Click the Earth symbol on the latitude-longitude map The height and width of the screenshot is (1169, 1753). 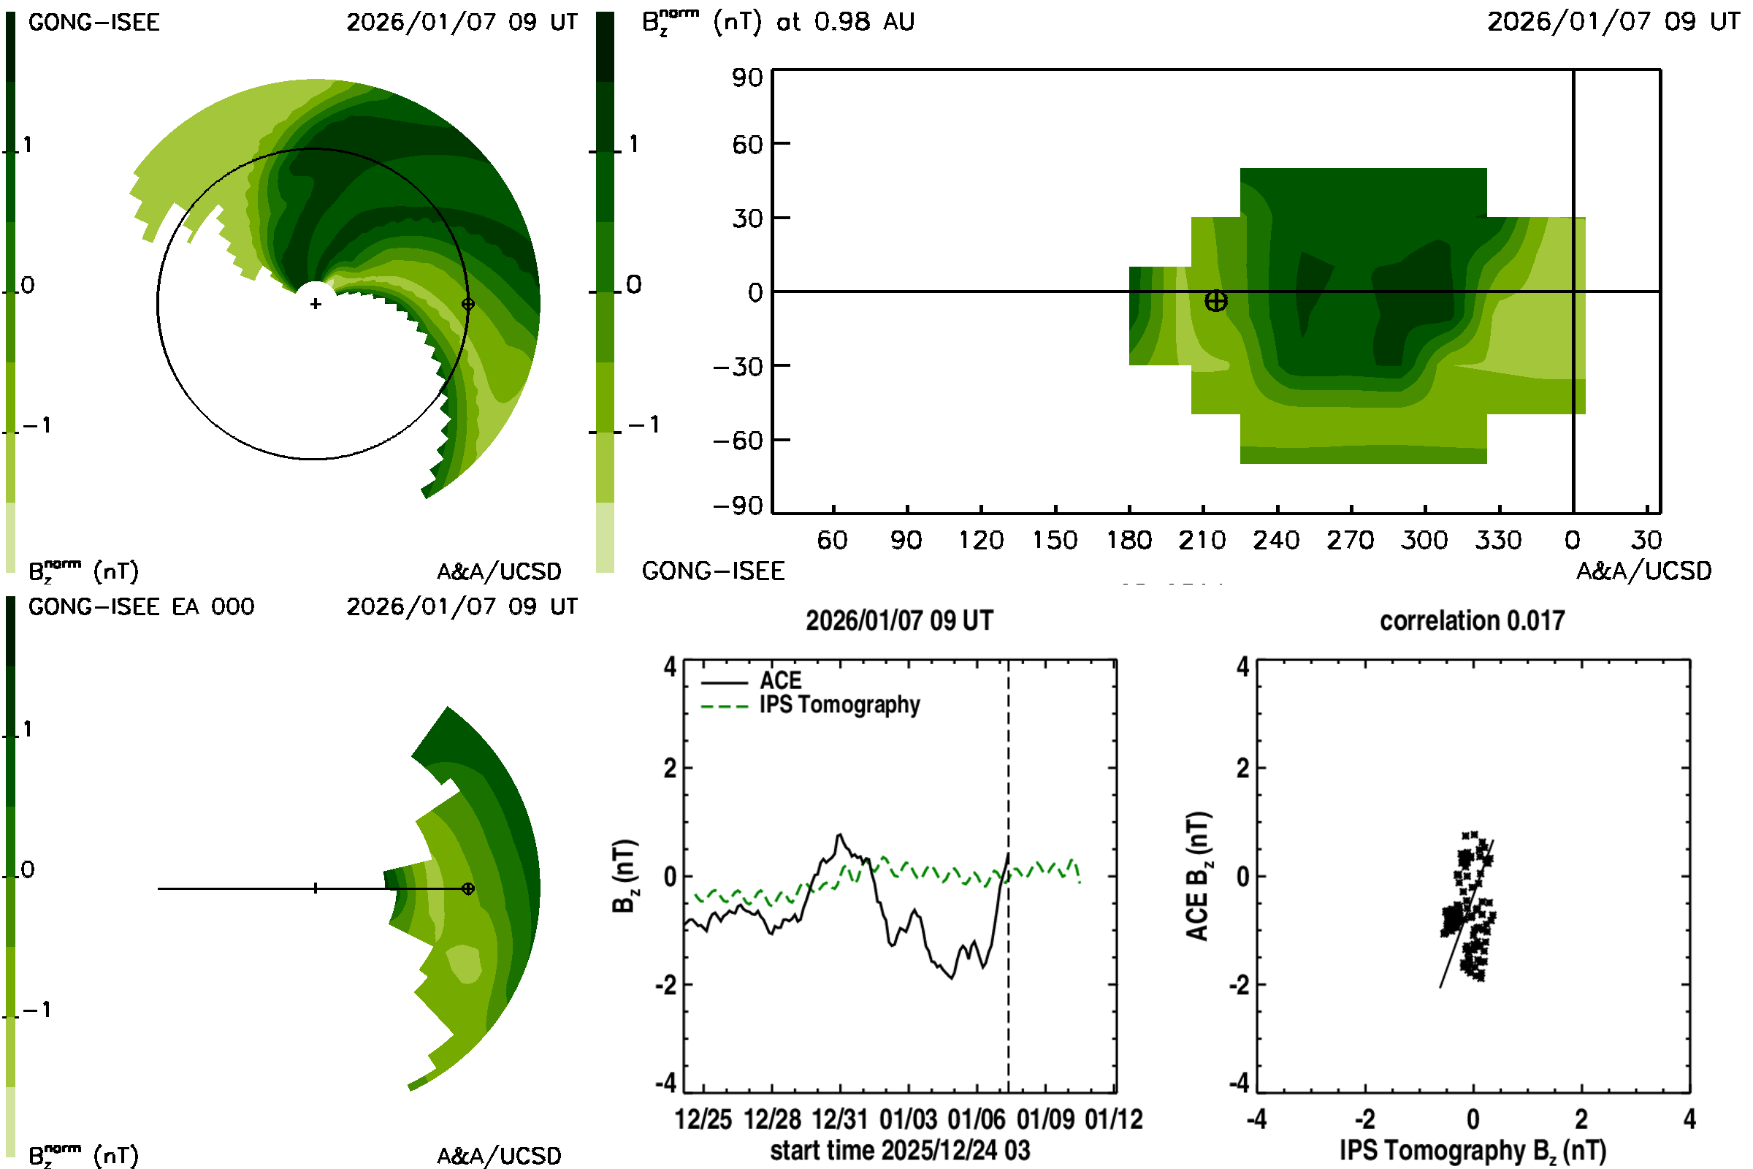coord(1215,301)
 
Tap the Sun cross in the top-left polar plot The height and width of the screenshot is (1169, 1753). coord(316,304)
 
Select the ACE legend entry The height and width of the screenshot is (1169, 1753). coord(779,681)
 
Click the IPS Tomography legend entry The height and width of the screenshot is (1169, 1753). coord(839,705)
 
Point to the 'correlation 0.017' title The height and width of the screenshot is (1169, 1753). coord(1471,621)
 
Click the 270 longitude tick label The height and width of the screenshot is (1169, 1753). coord(1350,541)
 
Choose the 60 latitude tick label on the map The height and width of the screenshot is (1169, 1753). coord(746,144)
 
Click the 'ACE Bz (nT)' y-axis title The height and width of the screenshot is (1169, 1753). coord(1197,877)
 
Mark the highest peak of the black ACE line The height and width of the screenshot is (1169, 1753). coord(840,834)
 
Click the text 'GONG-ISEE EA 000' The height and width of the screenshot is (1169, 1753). coord(141,607)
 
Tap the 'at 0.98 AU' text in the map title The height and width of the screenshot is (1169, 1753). coord(845,22)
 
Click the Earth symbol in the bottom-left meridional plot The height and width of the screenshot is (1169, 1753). coord(468,888)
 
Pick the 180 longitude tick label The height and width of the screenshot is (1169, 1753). coord(1128,541)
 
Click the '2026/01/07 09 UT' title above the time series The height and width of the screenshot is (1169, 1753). coord(899,621)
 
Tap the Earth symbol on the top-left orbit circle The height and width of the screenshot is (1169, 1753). coord(468,304)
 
